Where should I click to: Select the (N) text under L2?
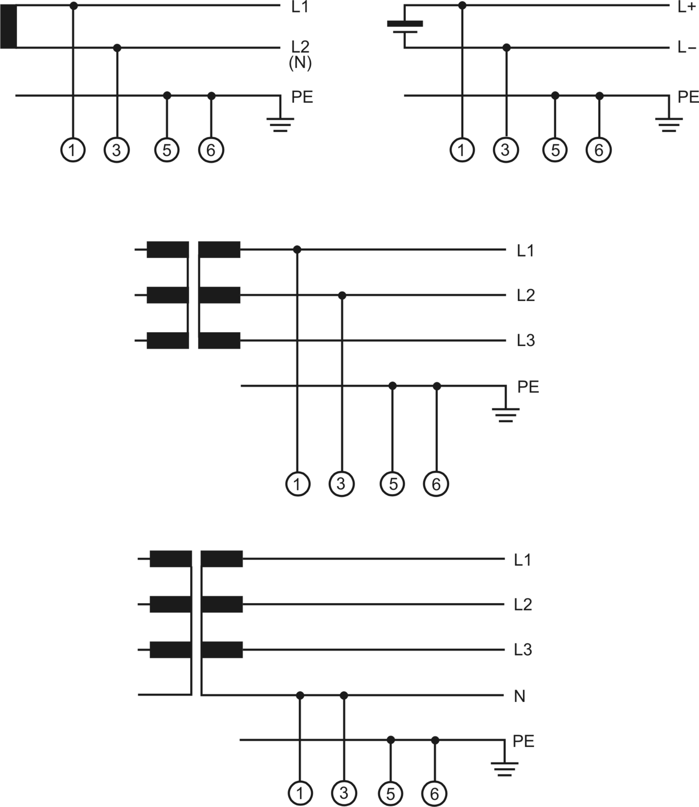(300, 63)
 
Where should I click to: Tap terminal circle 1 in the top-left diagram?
(72, 150)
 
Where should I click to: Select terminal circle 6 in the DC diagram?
(599, 150)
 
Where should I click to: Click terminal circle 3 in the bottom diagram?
(344, 793)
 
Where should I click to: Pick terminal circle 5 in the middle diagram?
(392, 484)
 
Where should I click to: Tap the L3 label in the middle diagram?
(525, 340)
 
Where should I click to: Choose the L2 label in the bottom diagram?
(523, 604)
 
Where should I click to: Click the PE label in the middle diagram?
(528, 386)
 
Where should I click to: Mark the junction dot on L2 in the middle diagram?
(342, 295)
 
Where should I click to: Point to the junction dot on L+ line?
(462, 6)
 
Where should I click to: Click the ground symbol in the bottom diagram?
(504, 769)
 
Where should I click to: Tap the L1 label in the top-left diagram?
(300, 7)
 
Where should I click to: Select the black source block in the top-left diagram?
(8, 26)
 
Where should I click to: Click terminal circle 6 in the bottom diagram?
(434, 794)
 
